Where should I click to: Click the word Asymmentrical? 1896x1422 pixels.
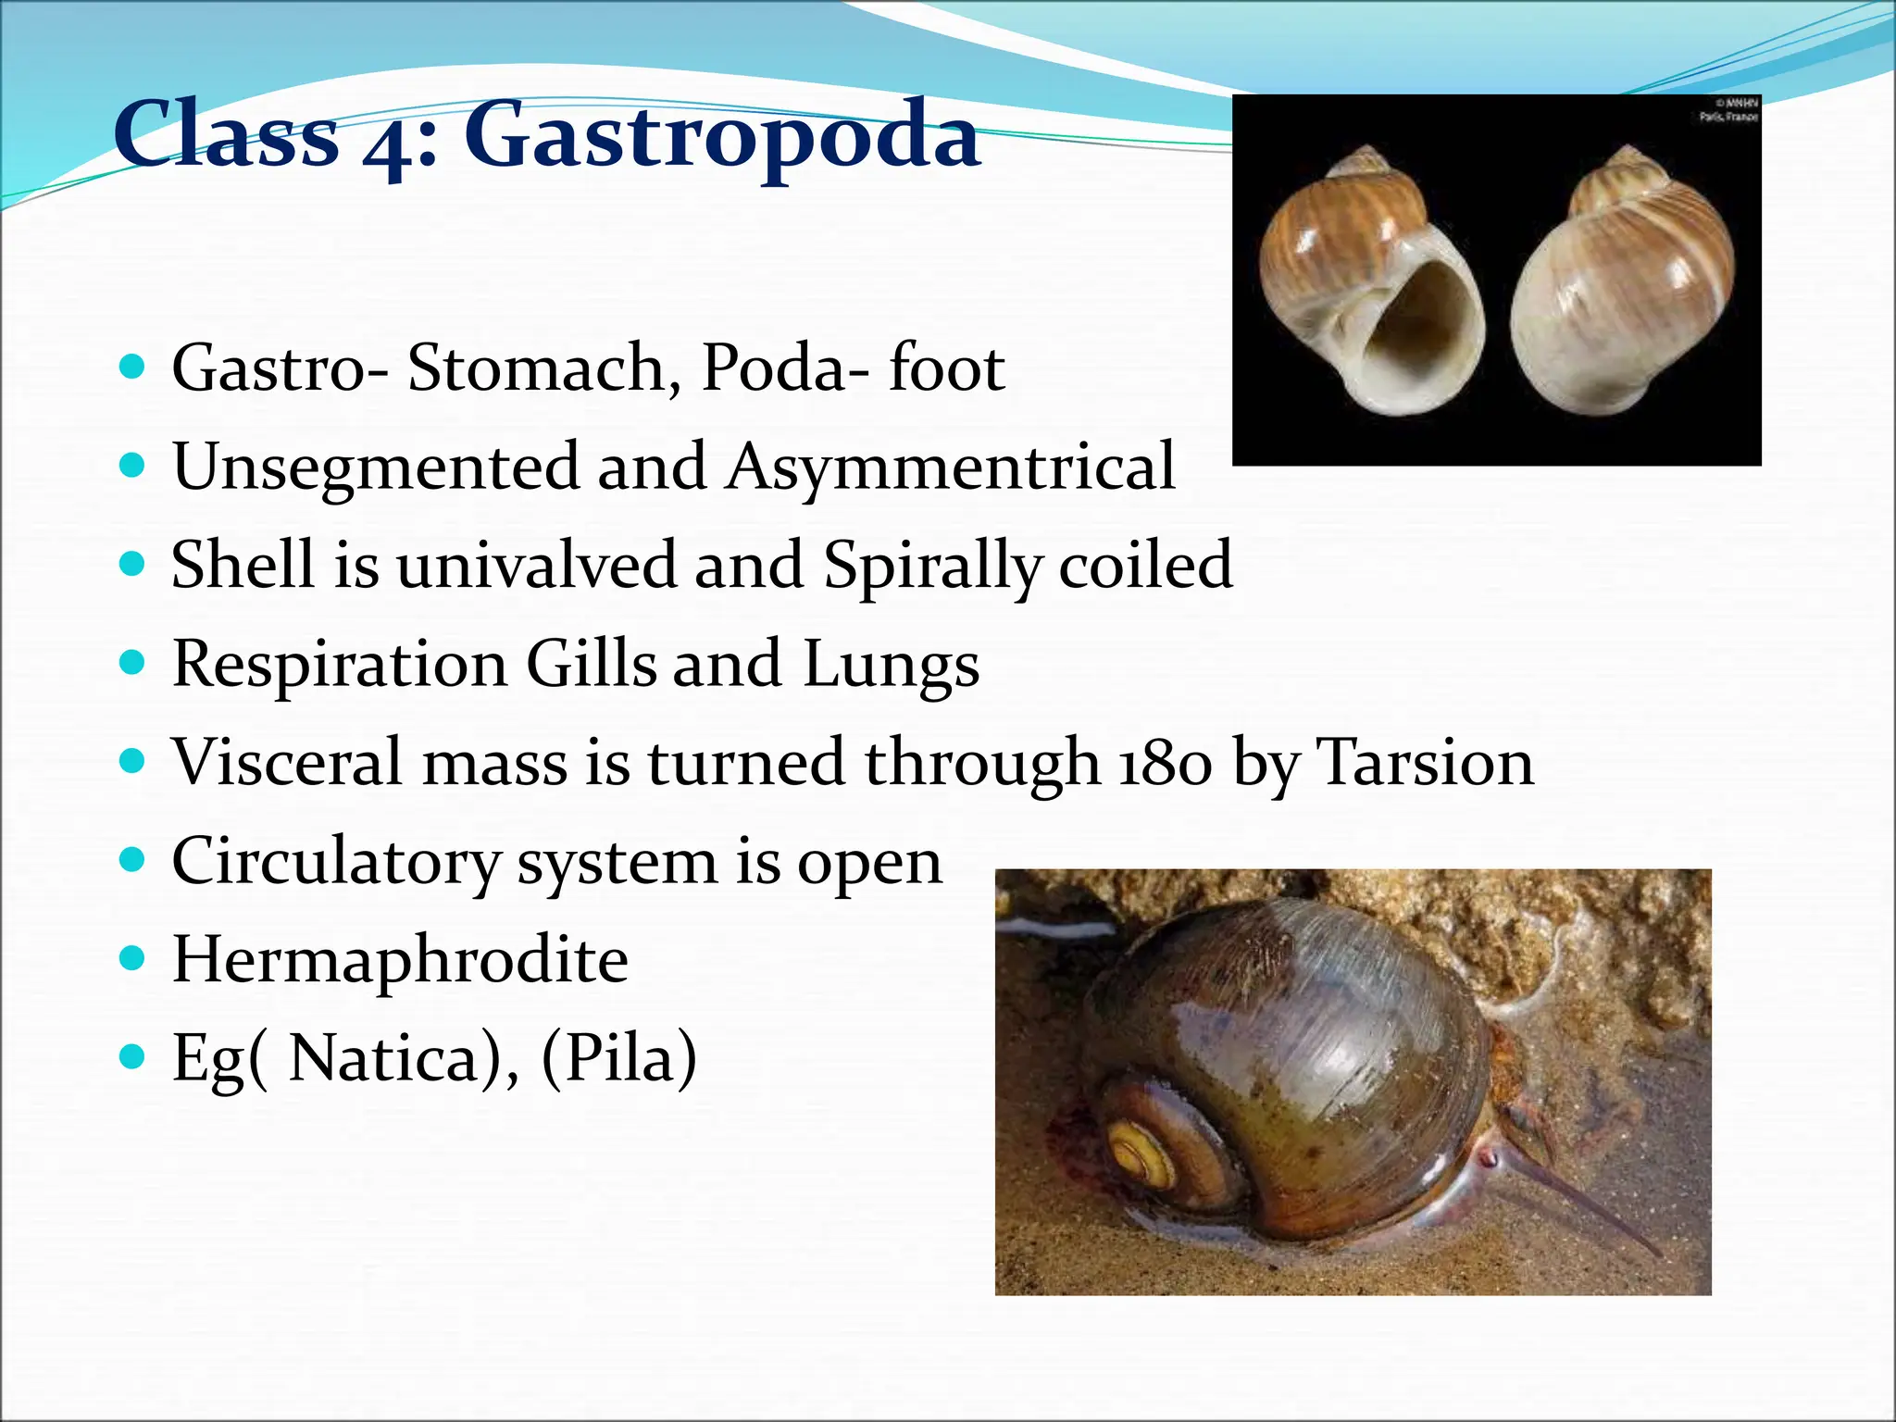[951, 468]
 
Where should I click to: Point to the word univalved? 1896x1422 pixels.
[537, 565]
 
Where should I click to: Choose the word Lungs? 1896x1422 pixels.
[891, 665]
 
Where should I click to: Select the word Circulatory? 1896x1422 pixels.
[335, 863]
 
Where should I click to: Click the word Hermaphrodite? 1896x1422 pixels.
[400, 960]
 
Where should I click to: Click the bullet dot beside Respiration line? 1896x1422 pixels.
[133, 662]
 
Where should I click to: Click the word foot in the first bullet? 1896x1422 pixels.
[946, 368]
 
